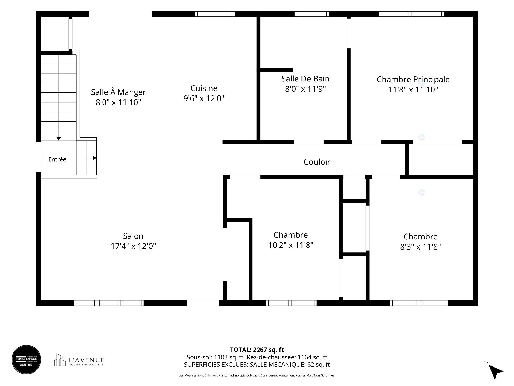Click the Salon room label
pos(133,236)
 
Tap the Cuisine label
pos(204,88)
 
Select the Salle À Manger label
pos(118,92)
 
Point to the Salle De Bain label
pos(305,79)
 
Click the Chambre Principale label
pos(413,79)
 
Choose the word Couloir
pos(317,162)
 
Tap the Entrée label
pos(57,159)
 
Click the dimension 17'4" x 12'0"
pos(133,246)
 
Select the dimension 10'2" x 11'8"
pos(291,245)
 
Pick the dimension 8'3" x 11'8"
pos(421,247)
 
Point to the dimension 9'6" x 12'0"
pos(204,98)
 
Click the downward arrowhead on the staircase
pos(59,139)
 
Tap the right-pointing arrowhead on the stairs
pos(94,158)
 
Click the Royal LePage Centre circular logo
pos(26,359)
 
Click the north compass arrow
pos(495,371)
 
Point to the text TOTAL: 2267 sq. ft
pos(257,350)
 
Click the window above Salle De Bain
pos(312,14)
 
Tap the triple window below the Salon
pos(109,303)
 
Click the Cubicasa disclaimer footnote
pos(257,376)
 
